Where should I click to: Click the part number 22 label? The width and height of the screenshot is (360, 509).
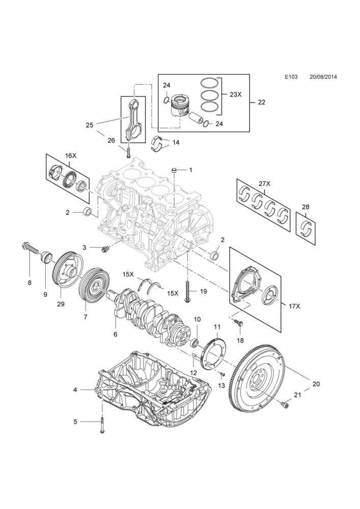pos(262,102)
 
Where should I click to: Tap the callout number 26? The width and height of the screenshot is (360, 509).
pos(112,140)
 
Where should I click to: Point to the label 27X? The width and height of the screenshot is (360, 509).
pos(264,184)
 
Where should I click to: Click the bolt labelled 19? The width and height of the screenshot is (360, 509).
pos(188,292)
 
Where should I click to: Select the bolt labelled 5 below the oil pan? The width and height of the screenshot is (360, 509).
pos(102,425)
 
